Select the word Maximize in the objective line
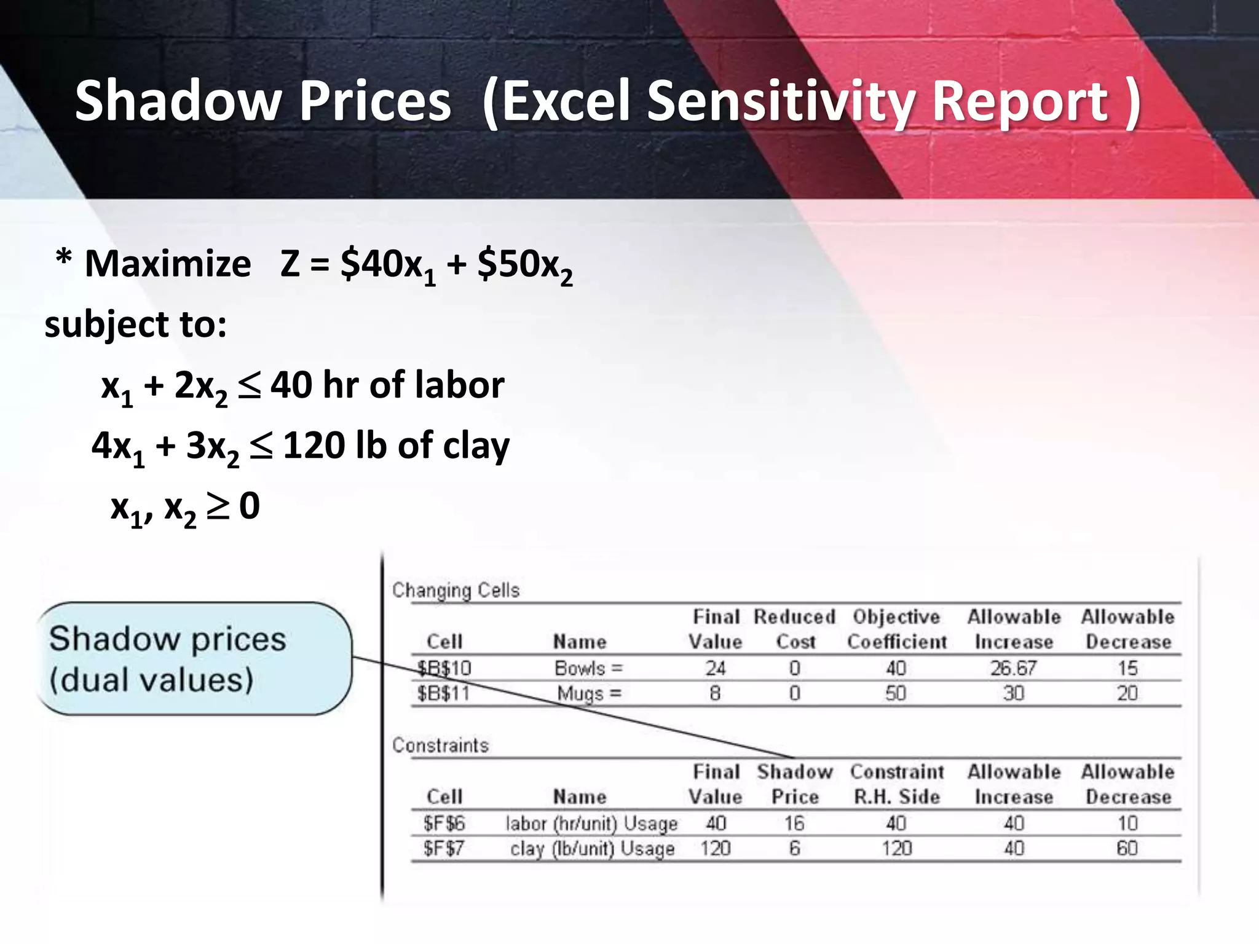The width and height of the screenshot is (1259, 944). (168, 264)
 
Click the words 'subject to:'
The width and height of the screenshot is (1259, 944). (136, 324)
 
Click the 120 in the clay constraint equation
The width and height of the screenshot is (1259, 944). (314, 446)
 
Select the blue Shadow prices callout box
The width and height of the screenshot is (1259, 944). (194, 658)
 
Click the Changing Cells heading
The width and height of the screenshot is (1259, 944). (456, 591)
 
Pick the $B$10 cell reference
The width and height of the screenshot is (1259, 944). (444, 668)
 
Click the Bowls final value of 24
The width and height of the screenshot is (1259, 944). (715, 668)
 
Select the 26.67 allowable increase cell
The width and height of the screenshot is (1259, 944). (1013, 668)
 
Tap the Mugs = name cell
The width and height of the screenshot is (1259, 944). (589, 694)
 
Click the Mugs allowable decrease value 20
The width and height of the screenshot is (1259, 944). (1127, 694)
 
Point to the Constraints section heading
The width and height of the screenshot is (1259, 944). (440, 745)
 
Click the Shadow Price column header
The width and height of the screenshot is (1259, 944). (794, 784)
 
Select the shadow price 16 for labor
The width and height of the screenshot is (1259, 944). (794, 824)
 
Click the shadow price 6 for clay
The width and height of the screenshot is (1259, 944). (794, 849)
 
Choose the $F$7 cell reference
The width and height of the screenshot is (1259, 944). (443, 849)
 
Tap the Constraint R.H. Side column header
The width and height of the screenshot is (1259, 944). (896, 784)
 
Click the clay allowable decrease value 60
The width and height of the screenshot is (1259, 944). (1127, 849)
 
